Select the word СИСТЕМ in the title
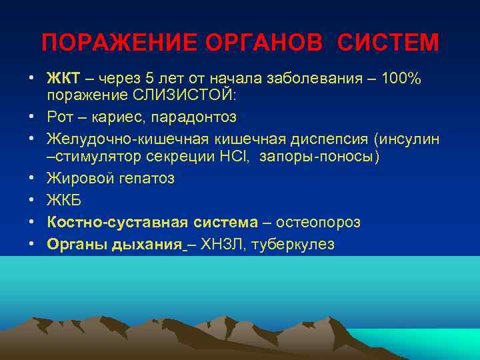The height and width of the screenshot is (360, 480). click(388, 43)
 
